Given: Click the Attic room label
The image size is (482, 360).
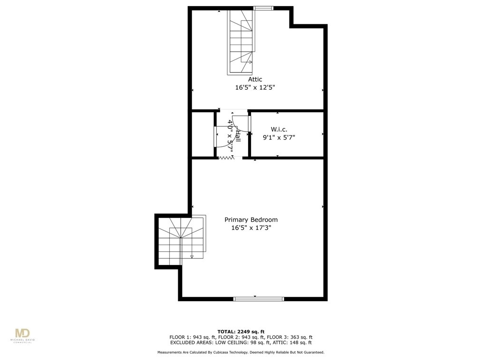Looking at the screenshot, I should [x=255, y=79].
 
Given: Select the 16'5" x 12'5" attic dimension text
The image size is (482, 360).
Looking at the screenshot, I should [x=255, y=87].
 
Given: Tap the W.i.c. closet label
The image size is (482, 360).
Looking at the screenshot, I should [x=278, y=129].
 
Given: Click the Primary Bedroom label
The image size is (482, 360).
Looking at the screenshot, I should [x=251, y=220].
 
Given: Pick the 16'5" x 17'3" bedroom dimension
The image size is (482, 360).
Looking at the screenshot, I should [x=251, y=228].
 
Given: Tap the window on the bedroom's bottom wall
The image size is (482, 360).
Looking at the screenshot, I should [x=259, y=299].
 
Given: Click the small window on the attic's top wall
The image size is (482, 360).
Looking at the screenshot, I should [x=263, y=8].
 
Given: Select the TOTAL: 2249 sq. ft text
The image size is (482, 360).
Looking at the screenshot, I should [x=241, y=332].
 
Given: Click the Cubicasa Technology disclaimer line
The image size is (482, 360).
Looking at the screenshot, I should [x=241, y=352].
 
